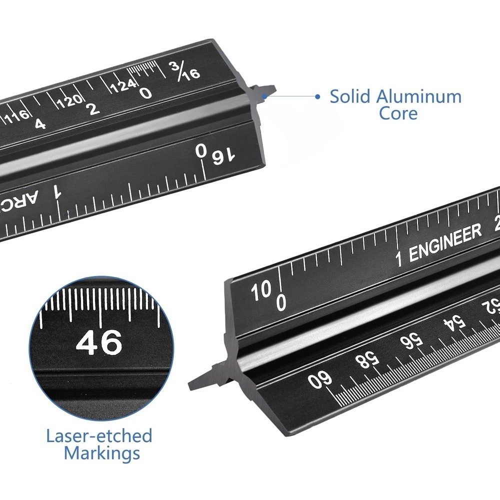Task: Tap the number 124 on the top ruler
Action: (123, 86)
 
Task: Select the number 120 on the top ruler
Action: (69, 102)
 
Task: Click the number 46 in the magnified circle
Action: (98, 342)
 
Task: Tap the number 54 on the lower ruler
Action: (455, 325)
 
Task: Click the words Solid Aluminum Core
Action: (395, 104)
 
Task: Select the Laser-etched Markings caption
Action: (99, 444)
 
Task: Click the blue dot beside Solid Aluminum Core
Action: (317, 96)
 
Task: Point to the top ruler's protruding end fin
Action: (263, 92)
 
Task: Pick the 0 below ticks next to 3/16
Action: (146, 93)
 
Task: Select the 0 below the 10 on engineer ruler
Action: (281, 302)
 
